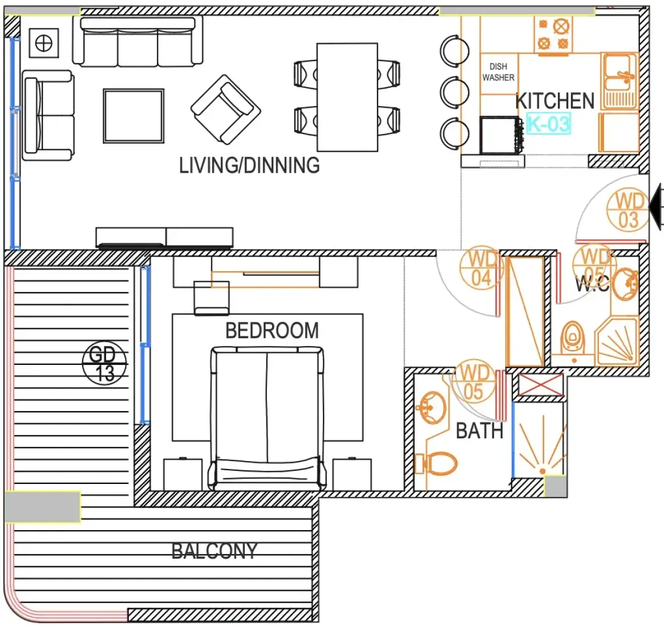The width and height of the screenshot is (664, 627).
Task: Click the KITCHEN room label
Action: (x=555, y=101)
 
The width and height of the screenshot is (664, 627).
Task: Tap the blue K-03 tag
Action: (x=548, y=124)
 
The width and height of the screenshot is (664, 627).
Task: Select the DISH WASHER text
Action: (x=499, y=72)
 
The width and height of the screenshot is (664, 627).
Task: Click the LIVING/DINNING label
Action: (x=249, y=165)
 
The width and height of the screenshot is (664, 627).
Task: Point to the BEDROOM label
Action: (x=272, y=331)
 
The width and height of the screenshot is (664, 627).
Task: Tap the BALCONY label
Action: (x=214, y=551)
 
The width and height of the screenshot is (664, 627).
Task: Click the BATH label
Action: (x=479, y=431)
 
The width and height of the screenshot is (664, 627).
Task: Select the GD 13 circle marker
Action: (x=104, y=364)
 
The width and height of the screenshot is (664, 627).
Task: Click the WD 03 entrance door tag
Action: (x=629, y=210)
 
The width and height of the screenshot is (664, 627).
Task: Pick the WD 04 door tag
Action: (x=481, y=268)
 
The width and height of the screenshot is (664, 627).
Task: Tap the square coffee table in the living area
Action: (x=133, y=116)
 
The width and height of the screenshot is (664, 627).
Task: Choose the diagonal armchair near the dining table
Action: (x=225, y=109)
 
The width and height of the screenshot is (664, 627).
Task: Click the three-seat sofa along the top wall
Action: (x=137, y=42)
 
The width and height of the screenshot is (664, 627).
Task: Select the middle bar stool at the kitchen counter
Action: (x=455, y=92)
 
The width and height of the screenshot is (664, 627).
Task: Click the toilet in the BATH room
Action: (x=436, y=464)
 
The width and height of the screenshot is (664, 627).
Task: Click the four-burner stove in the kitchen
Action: (x=553, y=35)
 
